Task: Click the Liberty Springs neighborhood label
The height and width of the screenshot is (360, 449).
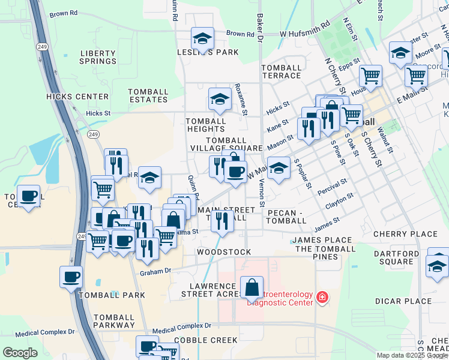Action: [x=98, y=57]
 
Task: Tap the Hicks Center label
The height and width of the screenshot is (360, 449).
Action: [x=77, y=96]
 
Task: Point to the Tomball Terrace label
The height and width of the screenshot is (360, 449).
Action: [x=281, y=71]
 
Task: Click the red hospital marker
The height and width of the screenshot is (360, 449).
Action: [x=323, y=297]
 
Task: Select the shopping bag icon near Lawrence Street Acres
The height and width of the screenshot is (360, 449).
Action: [x=252, y=287]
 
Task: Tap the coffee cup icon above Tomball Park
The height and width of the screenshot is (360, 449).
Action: [x=71, y=277]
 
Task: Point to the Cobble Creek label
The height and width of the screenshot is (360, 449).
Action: [x=206, y=340]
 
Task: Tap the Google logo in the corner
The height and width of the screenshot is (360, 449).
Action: [x=20, y=352]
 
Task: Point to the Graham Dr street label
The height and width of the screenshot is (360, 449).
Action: [x=155, y=272]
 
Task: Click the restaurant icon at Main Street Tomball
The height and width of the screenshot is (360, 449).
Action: [x=222, y=220]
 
